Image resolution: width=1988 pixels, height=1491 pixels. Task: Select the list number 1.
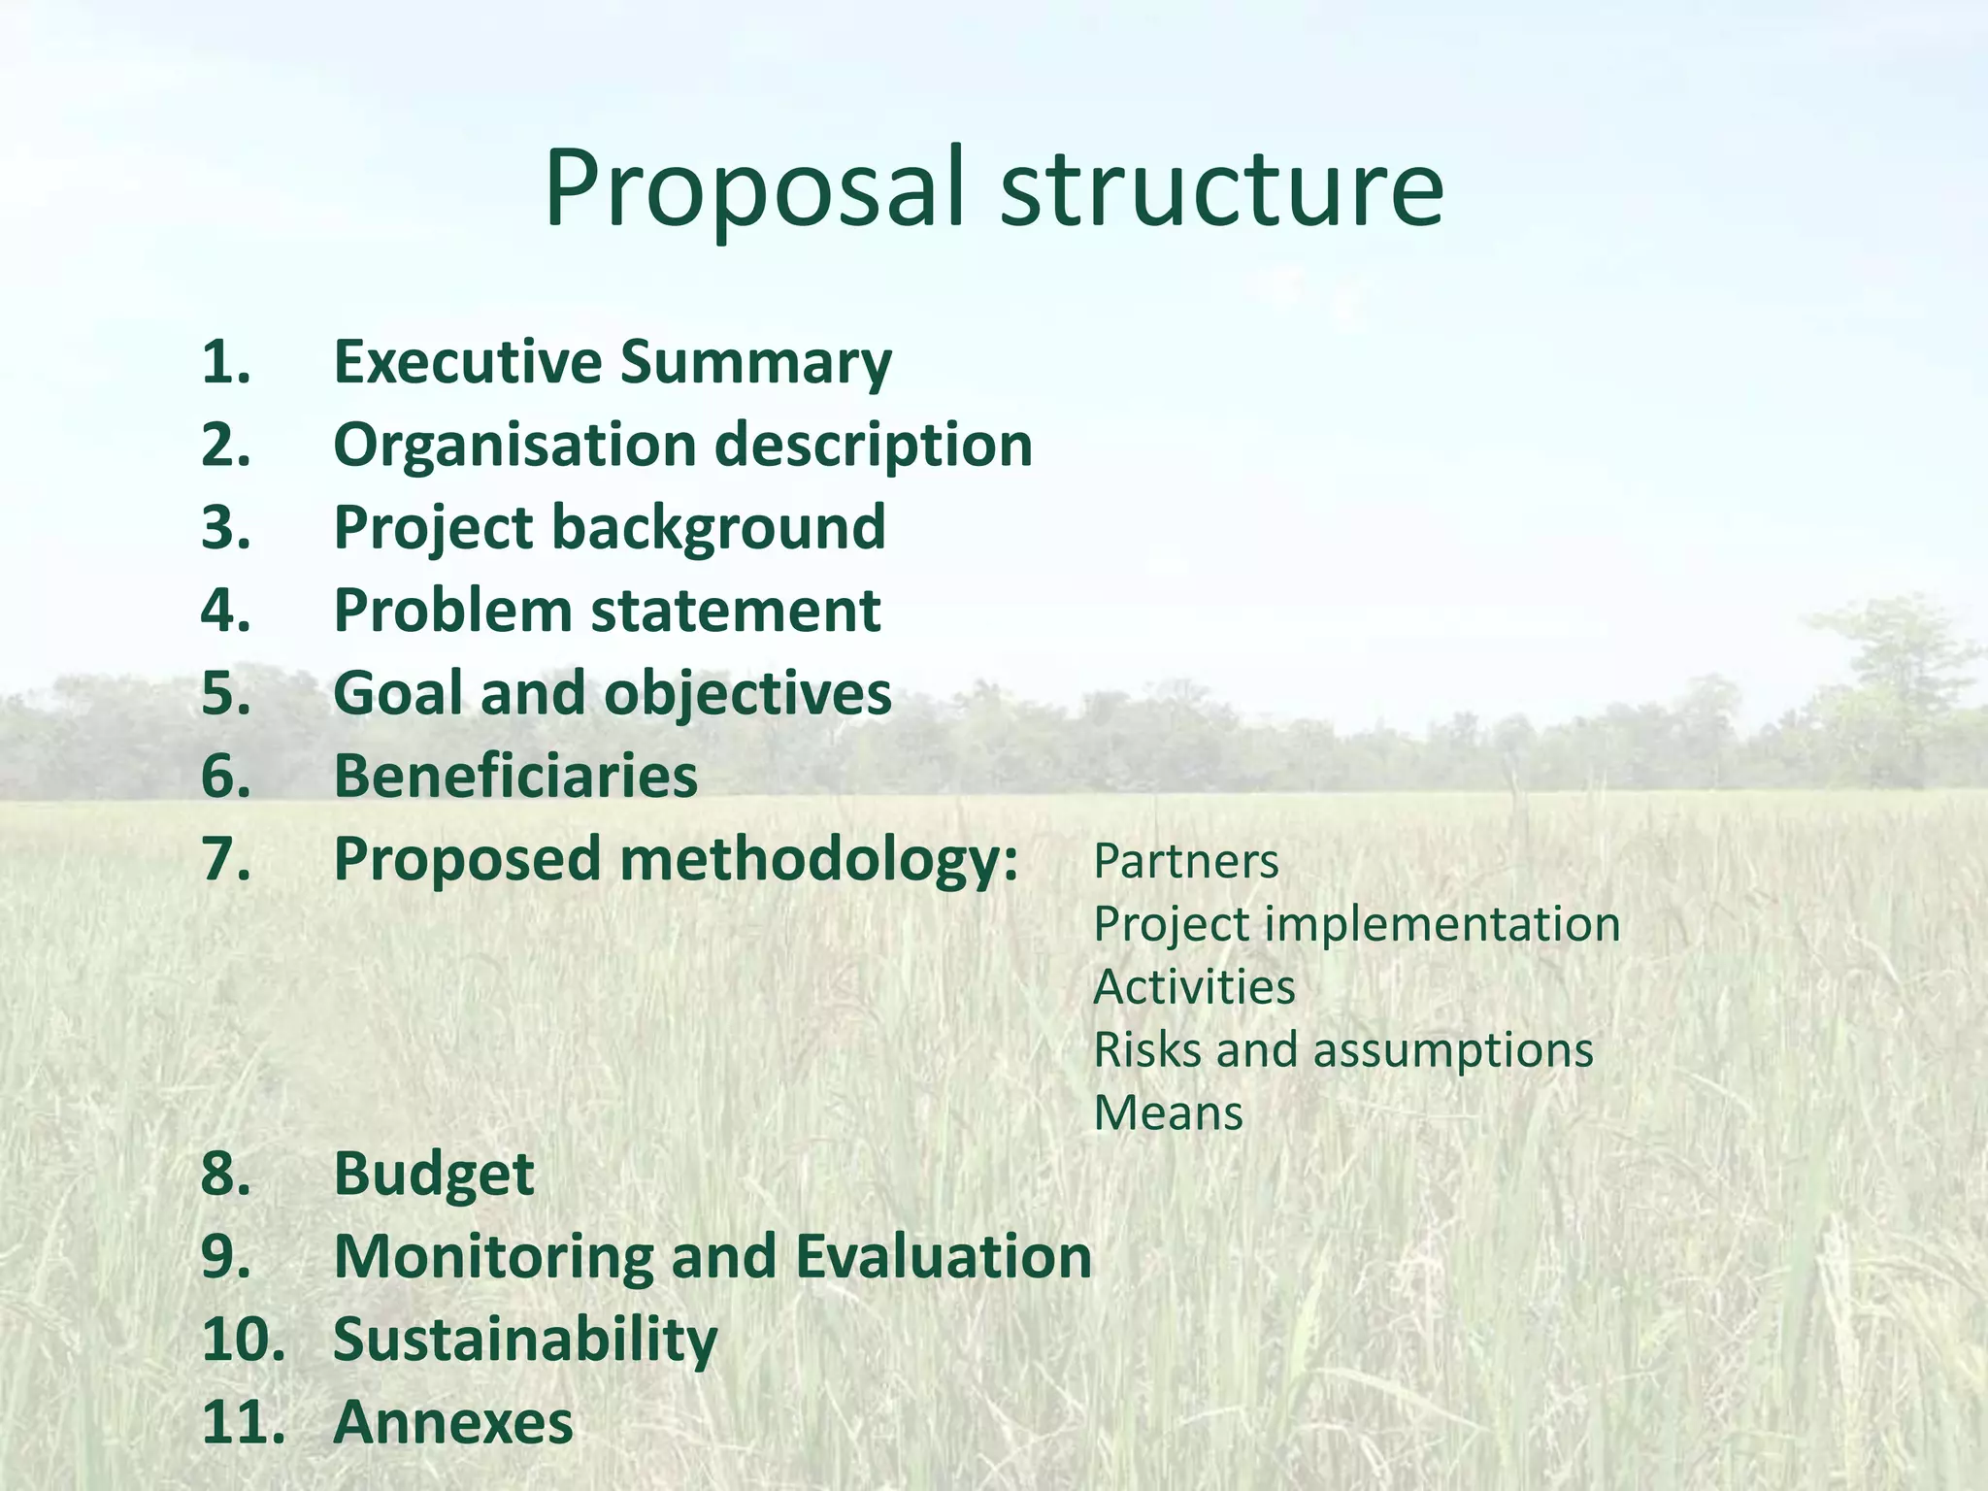pos(225,362)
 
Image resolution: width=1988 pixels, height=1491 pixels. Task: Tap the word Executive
pos(468,362)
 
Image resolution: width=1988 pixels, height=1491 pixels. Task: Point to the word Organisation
pos(514,446)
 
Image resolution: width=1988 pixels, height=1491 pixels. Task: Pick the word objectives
pos(747,694)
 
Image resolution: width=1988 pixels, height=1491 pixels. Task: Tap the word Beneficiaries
pos(515,777)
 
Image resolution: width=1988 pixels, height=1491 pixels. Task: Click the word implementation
pos(1442,924)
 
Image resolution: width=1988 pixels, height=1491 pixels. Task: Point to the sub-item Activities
pos(1194,987)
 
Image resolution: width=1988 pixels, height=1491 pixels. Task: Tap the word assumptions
pos(1452,1050)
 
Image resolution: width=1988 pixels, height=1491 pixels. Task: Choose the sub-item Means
pos(1168,1113)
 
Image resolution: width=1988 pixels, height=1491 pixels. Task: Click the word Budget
pos(433,1175)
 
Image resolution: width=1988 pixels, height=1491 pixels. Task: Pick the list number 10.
pos(243,1340)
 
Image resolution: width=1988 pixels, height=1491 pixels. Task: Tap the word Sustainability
pos(525,1340)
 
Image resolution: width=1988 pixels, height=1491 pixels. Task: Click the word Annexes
pos(452,1423)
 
